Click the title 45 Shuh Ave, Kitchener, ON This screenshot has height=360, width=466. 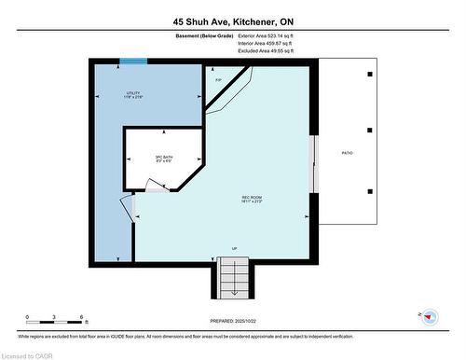tap(233, 21)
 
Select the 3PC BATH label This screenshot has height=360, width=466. tap(164, 159)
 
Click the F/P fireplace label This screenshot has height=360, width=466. tap(218, 80)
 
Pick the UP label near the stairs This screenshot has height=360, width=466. tap(234, 249)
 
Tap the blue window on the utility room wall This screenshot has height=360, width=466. tap(133, 62)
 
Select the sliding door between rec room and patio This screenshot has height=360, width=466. tap(314, 163)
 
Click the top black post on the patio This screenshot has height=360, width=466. tap(370, 74)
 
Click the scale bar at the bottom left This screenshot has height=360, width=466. tap(55, 324)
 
